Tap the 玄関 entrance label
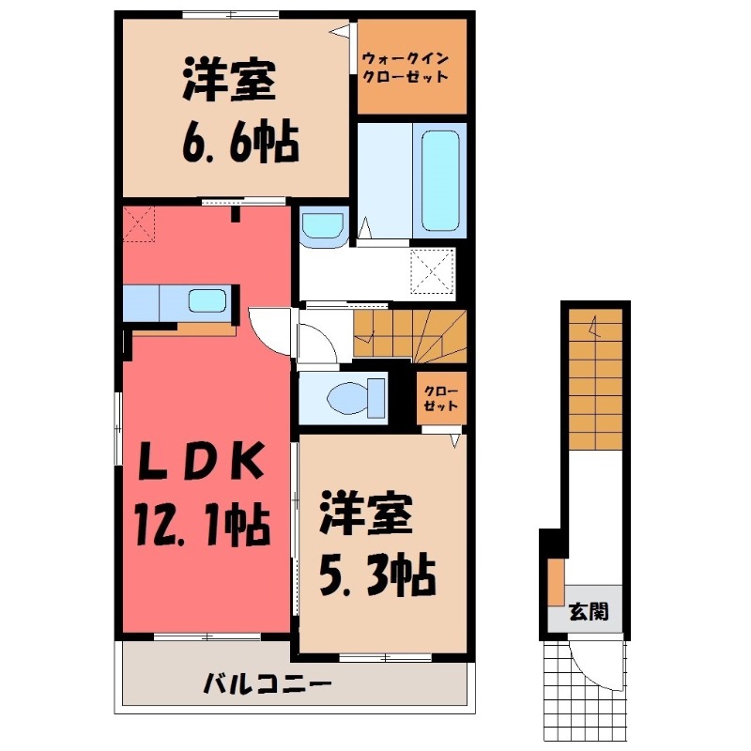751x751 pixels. tap(589, 613)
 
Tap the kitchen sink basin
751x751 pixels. tap(207, 301)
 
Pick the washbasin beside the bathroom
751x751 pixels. tap(322, 227)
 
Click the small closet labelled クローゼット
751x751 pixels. tap(439, 399)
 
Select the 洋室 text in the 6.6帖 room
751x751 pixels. tap(229, 82)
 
